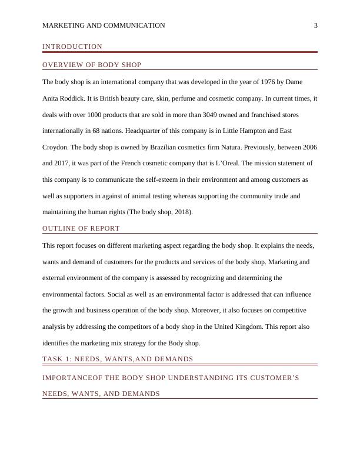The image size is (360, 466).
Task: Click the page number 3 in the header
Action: [316, 25]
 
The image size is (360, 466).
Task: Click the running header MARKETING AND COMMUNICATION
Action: [104, 25]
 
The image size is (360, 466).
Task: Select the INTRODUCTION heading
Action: [72, 46]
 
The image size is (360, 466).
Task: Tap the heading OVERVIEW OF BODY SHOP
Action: [92, 65]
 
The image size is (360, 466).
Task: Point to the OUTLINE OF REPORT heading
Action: [81, 228]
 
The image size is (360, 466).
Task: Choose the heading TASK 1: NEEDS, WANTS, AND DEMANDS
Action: [118, 359]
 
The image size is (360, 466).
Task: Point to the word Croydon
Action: [56, 147]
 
